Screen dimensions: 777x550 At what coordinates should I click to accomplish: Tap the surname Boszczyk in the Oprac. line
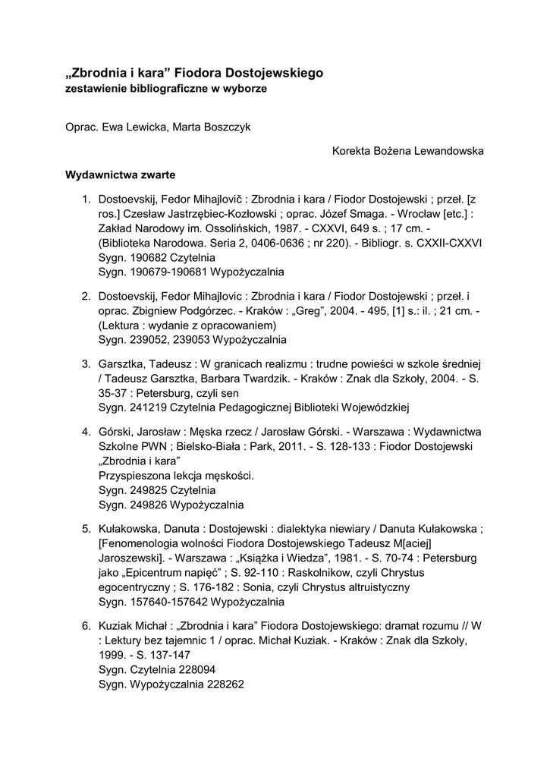coord(226,127)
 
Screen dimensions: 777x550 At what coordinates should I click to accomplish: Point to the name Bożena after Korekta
coord(391,151)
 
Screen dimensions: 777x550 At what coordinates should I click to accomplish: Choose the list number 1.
coord(86,200)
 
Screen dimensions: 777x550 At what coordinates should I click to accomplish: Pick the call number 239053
coord(191,339)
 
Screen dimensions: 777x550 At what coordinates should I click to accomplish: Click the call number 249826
coord(143,504)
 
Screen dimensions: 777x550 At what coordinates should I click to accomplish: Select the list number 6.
coord(86,627)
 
